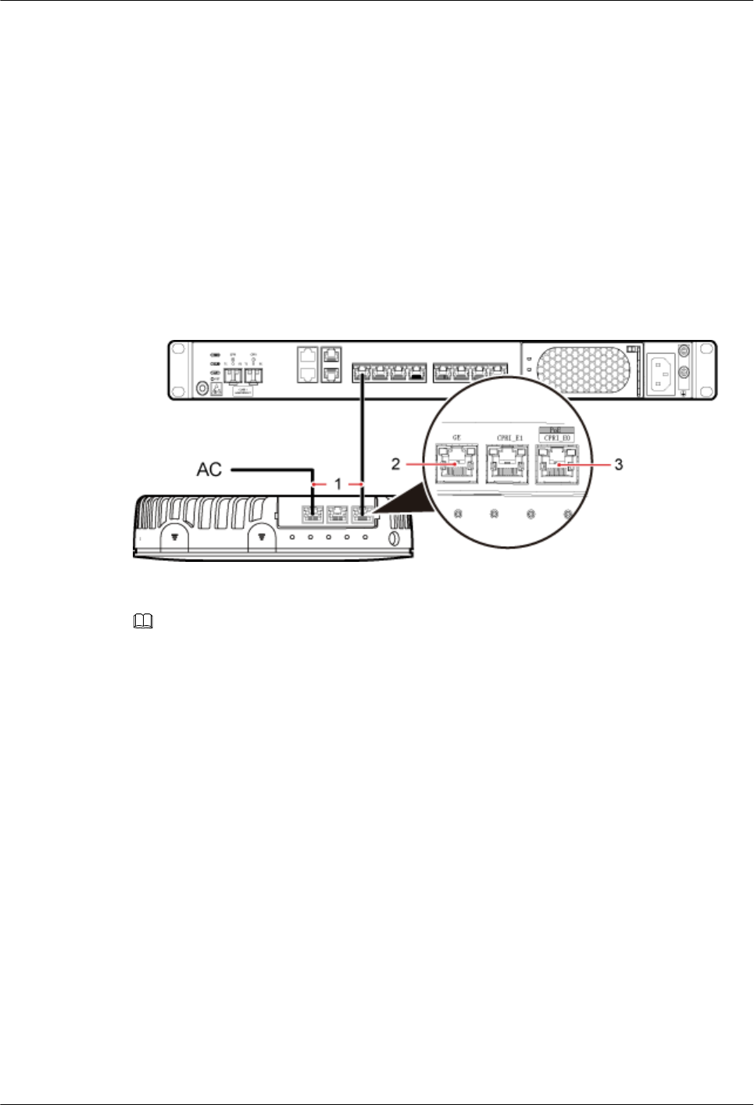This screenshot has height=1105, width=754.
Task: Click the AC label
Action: [x=209, y=470]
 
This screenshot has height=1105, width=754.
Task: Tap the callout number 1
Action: [x=338, y=485]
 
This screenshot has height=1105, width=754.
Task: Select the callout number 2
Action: [x=396, y=464]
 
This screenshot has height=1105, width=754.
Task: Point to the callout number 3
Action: [x=619, y=465]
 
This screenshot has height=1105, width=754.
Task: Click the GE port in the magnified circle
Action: [x=457, y=463]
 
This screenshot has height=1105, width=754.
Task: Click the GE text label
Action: [x=457, y=438]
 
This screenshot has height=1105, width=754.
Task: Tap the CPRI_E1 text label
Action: [x=509, y=438]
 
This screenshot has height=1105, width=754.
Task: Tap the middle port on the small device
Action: [x=338, y=513]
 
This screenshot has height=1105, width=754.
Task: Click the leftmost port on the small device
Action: [x=313, y=513]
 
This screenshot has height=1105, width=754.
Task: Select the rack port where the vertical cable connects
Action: [x=363, y=374]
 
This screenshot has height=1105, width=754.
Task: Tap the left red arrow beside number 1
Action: [x=316, y=485]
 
